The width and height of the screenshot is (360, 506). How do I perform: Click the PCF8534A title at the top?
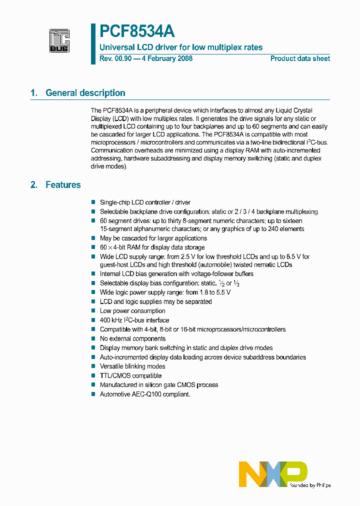pos(137,32)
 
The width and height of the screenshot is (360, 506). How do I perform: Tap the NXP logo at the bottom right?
pos(272,474)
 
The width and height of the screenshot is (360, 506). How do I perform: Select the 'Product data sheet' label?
pos(300,58)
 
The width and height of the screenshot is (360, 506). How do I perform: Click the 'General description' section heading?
pos(85,93)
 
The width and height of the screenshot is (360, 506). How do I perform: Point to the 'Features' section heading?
pos(63,185)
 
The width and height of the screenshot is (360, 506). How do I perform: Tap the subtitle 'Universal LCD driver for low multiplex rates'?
pos(181,47)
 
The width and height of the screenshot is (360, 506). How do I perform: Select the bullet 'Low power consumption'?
pos(132,311)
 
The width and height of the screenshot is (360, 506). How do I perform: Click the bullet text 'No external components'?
pos(132,338)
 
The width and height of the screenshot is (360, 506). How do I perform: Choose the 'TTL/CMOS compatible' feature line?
pos(130,375)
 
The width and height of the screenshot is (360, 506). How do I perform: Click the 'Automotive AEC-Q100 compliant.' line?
pos(145,394)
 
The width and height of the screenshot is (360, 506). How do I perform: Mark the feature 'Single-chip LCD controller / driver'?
pos(145,202)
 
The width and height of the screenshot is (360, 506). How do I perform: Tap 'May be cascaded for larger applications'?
pos(153,238)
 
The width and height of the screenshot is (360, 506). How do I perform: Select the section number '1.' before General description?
pos(34,93)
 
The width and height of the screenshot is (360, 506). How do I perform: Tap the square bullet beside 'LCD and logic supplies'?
pos(93,301)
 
